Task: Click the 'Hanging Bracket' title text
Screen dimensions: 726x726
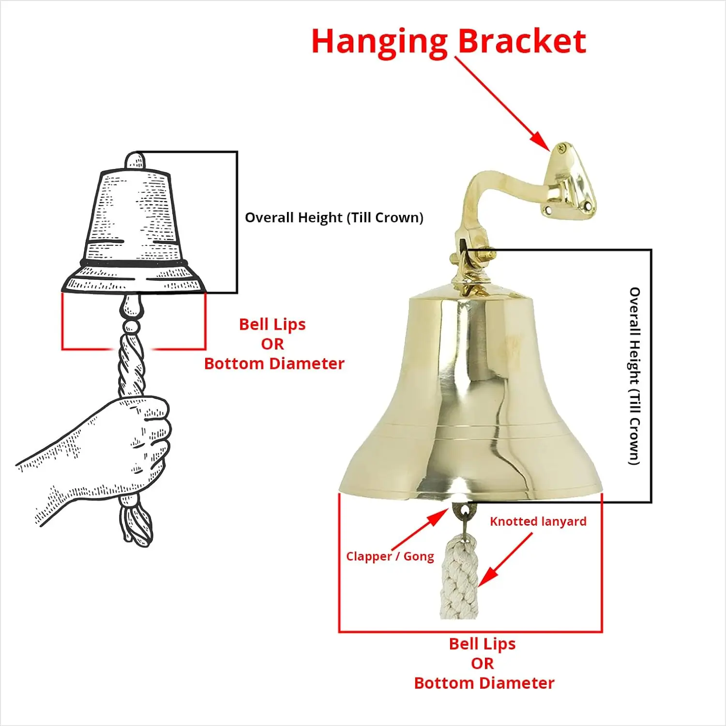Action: click(x=449, y=42)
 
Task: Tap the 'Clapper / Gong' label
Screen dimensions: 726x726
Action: click(x=390, y=556)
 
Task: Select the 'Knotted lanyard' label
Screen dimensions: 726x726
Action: click(x=538, y=521)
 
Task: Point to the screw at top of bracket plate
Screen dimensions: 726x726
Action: click(x=561, y=148)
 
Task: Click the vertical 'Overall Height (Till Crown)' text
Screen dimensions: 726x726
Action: click(x=635, y=376)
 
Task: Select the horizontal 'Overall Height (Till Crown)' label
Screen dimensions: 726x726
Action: click(x=334, y=217)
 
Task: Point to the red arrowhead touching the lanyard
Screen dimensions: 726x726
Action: click(x=487, y=576)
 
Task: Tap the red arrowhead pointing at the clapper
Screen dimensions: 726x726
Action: click(x=439, y=517)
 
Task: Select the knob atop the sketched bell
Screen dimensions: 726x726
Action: click(x=135, y=160)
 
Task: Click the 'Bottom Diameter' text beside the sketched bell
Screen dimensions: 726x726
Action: click(x=274, y=363)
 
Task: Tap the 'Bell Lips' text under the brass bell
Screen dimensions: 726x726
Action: click(x=482, y=644)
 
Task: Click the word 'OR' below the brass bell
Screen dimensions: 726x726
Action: click(x=482, y=664)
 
